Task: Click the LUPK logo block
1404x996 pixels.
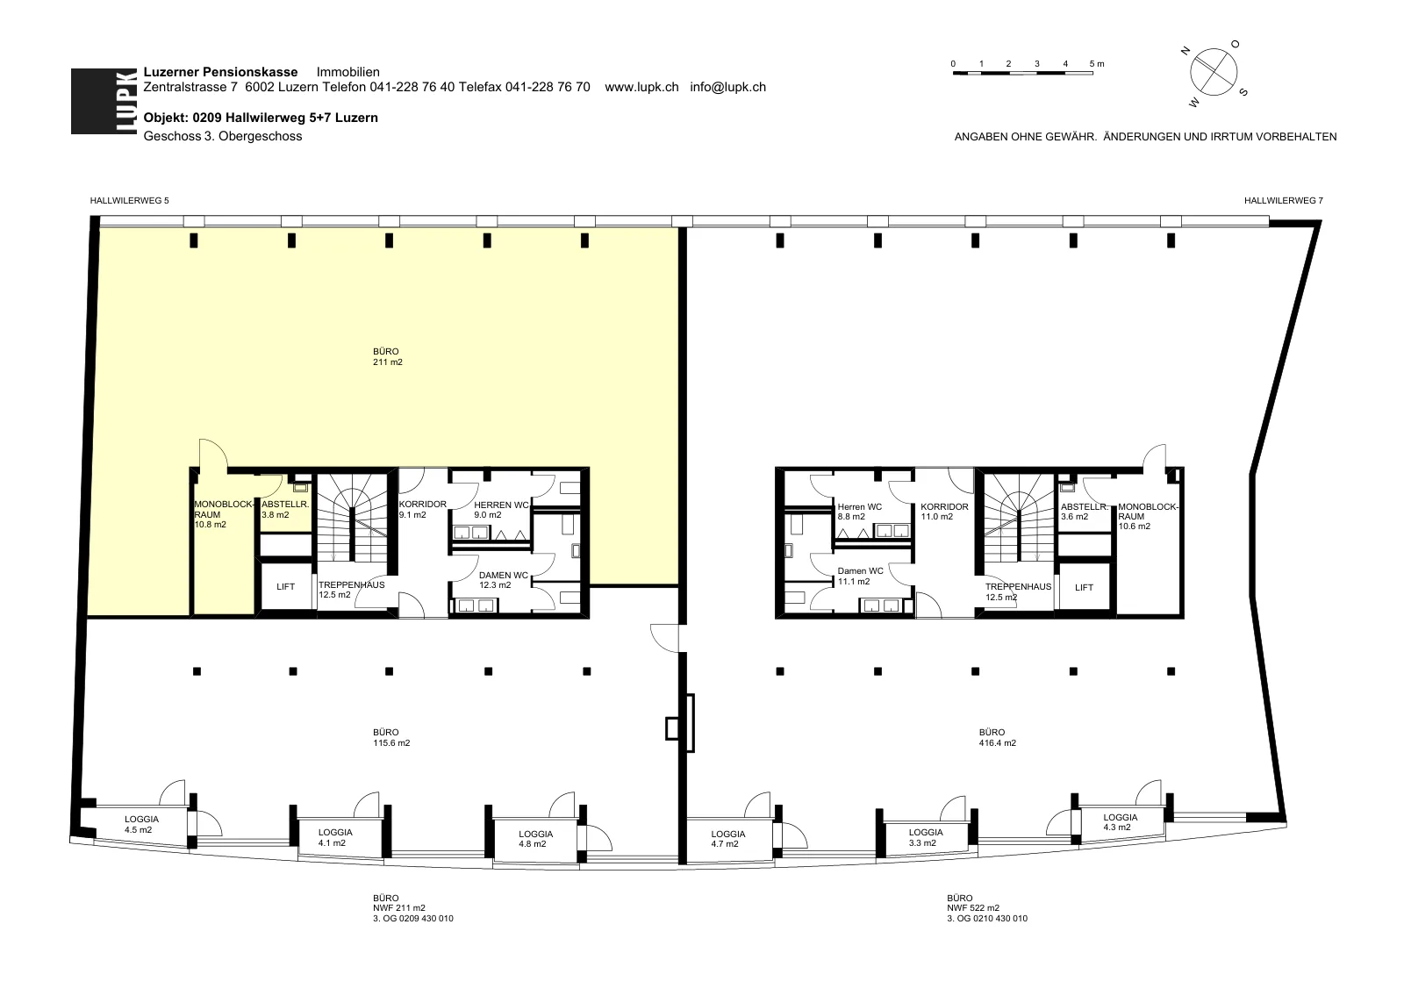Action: tap(104, 101)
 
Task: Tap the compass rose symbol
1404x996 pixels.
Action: tap(1214, 73)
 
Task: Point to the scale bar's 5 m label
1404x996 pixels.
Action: tap(1097, 64)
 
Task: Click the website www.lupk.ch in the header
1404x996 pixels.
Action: tap(641, 87)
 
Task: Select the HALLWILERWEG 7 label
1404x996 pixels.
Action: tap(1284, 201)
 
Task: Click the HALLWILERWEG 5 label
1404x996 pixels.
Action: tap(129, 201)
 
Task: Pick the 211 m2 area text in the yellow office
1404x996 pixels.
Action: tap(387, 362)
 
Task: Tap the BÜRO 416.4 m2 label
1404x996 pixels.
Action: tap(997, 738)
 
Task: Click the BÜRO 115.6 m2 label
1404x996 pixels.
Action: tap(391, 738)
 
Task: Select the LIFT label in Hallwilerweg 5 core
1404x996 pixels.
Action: tap(285, 587)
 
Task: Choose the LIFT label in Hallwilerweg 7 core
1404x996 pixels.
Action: tap(1084, 587)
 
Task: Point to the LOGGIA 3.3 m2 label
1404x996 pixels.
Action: tap(926, 837)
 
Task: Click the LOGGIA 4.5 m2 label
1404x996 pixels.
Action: tap(141, 824)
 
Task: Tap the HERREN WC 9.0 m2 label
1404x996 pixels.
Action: tap(501, 510)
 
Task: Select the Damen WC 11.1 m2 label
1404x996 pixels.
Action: tap(861, 576)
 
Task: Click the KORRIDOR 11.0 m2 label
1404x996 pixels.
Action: tap(944, 512)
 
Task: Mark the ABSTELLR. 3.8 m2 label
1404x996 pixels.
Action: tap(285, 510)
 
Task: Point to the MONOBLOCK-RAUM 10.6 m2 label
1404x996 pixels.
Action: tap(1149, 517)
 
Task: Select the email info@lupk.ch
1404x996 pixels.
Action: tap(727, 87)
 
